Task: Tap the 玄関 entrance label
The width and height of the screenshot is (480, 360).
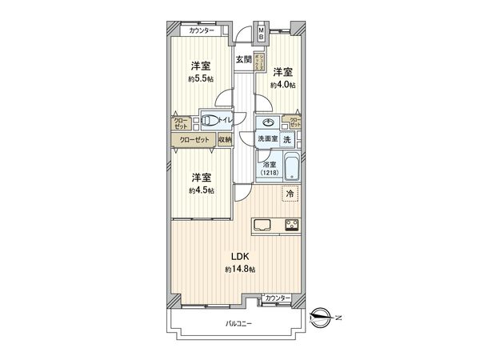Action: [243, 59]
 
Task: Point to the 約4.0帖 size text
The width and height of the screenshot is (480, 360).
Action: [283, 84]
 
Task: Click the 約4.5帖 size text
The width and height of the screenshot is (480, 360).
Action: [201, 190]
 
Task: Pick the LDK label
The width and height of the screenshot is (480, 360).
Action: [240, 257]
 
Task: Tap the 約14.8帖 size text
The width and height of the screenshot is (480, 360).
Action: [240, 270]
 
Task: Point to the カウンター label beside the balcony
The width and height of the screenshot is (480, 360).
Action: [277, 298]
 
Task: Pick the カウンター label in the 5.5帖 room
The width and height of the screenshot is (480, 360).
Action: [202, 30]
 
